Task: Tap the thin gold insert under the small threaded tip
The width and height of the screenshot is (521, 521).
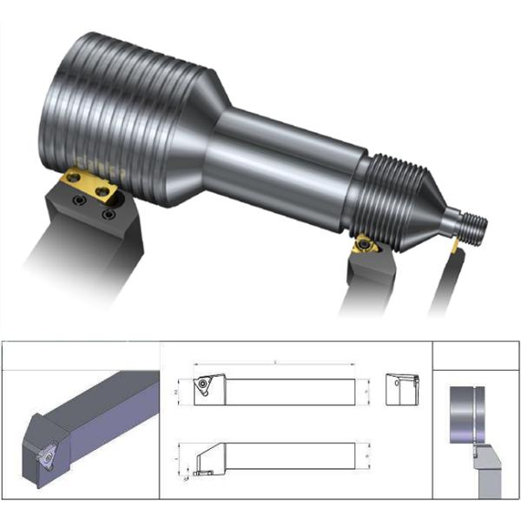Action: coord(454,247)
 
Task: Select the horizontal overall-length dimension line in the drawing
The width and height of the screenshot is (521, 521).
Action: coord(274,364)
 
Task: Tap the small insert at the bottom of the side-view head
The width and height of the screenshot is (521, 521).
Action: coord(204,473)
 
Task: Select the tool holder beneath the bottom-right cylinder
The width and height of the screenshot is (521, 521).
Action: coord(486,473)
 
